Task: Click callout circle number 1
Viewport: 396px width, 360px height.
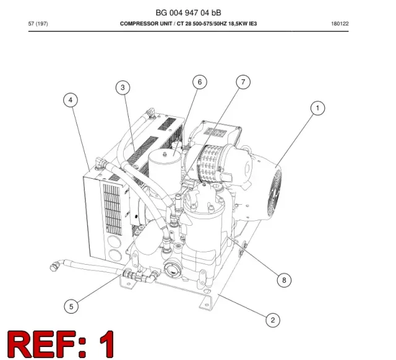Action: pos(317,108)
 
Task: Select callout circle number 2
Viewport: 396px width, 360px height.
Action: pos(273,320)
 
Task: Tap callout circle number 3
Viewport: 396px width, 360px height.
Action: pos(123,88)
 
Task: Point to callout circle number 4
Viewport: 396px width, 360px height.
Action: pos(71,100)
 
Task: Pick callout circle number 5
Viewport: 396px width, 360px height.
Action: pos(71,307)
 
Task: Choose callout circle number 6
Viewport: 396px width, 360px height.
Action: pos(200,82)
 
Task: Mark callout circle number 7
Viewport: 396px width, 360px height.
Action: pos(243,82)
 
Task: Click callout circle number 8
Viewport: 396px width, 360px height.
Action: pos(284,280)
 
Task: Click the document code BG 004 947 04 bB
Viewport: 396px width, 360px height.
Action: pos(188,12)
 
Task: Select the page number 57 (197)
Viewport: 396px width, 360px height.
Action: pos(38,24)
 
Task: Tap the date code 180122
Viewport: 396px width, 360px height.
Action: pos(340,24)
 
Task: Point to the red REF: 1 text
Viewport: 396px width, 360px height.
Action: pos(61,344)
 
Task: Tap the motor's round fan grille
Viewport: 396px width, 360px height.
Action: pos(274,192)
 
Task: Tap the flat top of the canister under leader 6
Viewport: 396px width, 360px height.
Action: pos(165,155)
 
